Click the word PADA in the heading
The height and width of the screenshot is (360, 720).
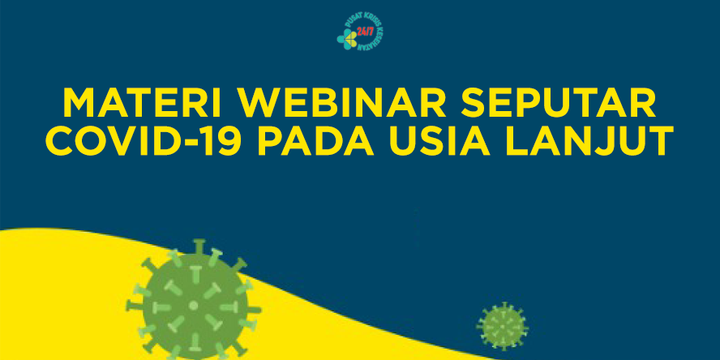click(315, 140)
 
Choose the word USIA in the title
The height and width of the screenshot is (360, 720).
click(440, 140)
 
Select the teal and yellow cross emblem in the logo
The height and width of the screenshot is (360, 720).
click(347, 39)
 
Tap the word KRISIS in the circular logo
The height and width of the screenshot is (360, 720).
click(369, 19)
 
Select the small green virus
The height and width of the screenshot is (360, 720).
click(503, 327)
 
